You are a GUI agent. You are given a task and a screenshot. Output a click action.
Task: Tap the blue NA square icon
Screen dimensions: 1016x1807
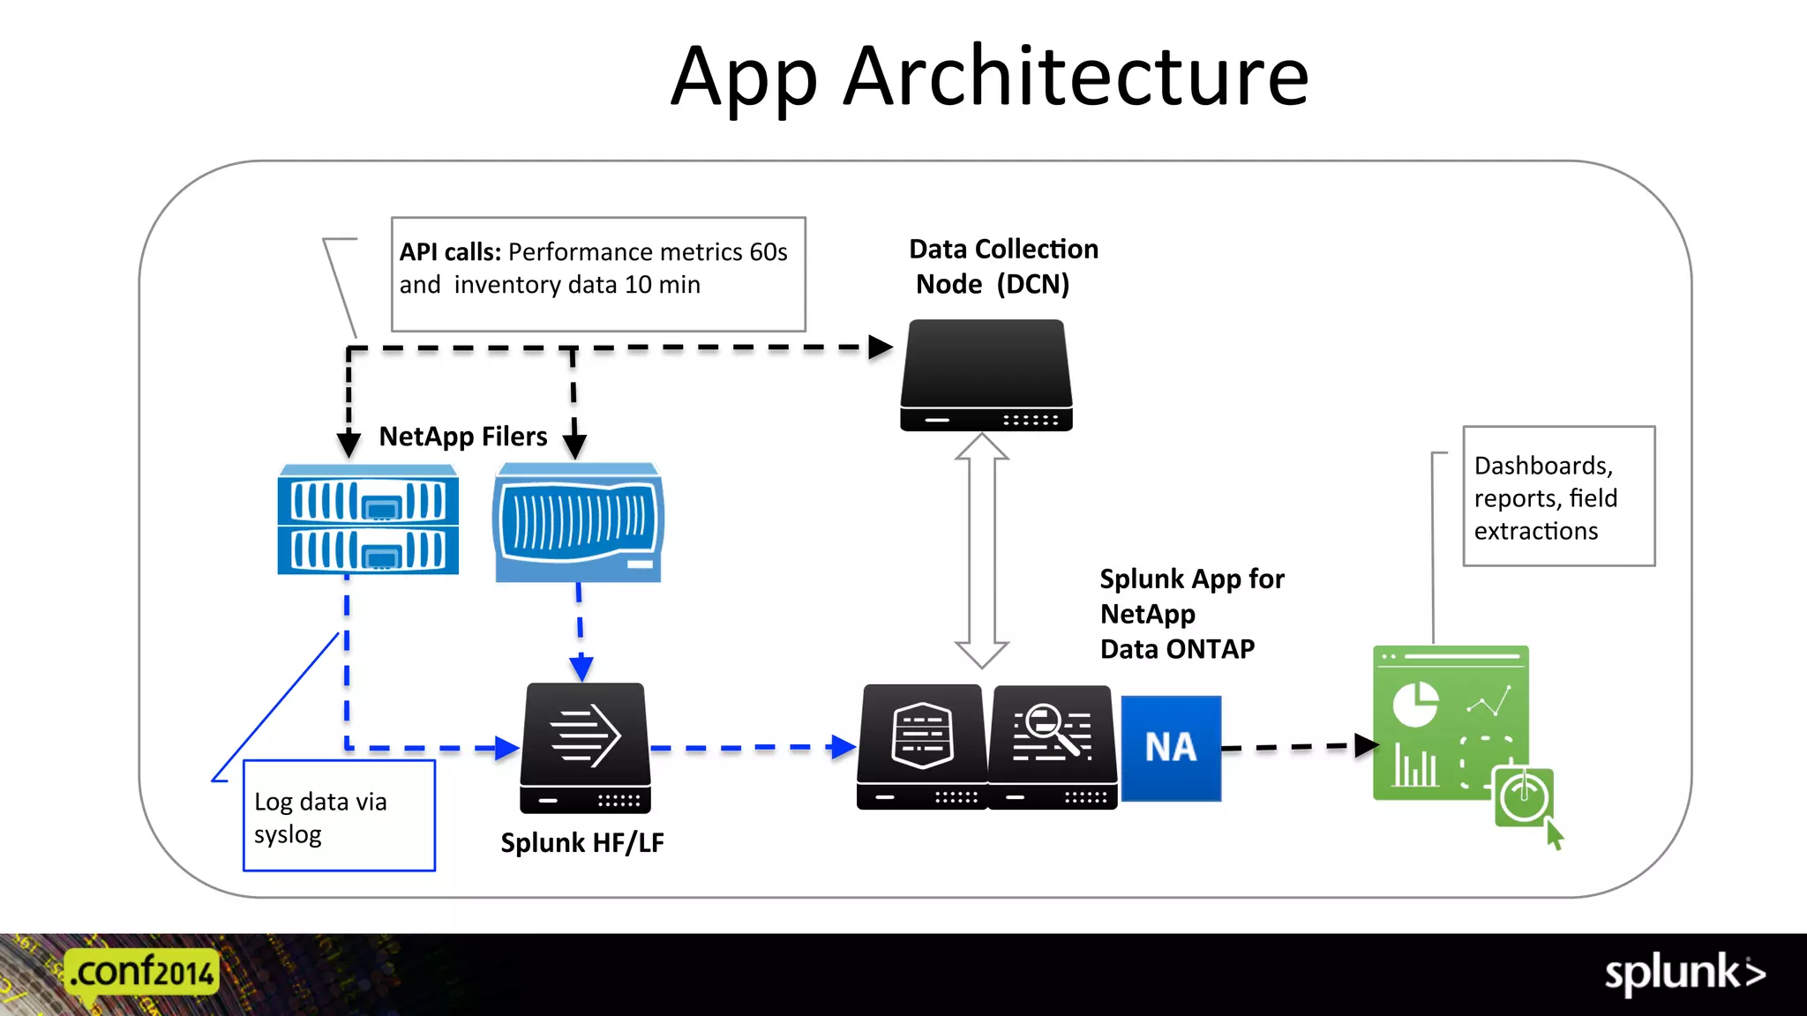coord(1171,748)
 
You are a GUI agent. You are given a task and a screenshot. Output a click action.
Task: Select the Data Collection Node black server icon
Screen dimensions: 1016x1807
coord(986,376)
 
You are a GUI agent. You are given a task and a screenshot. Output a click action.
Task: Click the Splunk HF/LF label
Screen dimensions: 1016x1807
coord(582,843)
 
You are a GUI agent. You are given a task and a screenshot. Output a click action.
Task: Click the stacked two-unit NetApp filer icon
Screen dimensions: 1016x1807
coord(368,520)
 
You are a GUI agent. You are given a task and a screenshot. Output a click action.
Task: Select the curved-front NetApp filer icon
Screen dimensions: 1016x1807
coord(579,523)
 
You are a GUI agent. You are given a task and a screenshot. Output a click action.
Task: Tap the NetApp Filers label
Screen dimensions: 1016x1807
coord(462,437)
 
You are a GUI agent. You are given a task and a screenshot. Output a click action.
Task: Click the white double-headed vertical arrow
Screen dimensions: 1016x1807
coord(981,550)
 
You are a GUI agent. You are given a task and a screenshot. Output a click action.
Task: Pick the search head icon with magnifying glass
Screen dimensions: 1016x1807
coord(1052,746)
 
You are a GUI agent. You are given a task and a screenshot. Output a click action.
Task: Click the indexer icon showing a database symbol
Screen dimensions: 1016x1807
coord(922,746)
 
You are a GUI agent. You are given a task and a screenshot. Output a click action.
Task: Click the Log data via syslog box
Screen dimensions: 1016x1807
coord(339,817)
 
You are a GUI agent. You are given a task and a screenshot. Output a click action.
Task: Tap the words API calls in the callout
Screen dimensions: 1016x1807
coord(450,252)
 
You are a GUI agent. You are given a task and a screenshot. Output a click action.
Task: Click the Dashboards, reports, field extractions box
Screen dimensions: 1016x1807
coord(1558,497)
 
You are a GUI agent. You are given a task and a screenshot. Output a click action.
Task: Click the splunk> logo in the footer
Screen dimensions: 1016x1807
coord(1683,974)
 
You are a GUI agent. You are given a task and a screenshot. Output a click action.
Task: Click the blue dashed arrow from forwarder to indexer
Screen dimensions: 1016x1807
coord(750,748)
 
